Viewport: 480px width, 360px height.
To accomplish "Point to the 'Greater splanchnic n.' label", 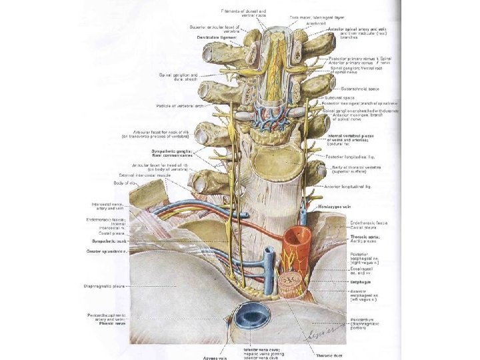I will pos(110,251).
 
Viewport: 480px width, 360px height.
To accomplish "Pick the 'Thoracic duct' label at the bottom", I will pos(329,355).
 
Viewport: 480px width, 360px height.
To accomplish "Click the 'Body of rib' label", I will pos(124,183).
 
